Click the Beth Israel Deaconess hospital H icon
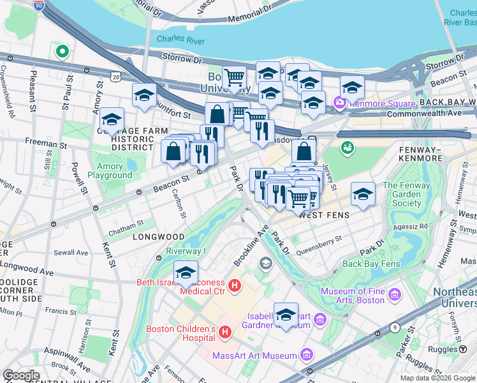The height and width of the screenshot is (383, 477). click(235, 285)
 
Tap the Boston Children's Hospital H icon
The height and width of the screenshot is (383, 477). click(224, 332)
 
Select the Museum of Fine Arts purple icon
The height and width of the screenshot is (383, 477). click(395, 294)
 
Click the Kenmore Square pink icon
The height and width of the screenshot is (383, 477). click(339, 102)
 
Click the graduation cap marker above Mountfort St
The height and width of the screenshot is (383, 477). click(145, 95)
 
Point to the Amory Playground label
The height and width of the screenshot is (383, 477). click(110, 170)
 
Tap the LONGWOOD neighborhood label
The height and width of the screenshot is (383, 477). click(158, 237)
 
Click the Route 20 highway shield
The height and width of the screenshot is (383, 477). click(115, 77)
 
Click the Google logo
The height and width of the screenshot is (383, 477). click(21, 375)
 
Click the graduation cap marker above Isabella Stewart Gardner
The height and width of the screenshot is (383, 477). click(286, 314)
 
